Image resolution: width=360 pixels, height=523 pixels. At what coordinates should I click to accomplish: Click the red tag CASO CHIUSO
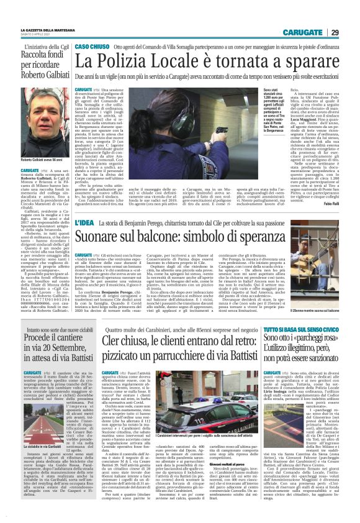tap(92, 47)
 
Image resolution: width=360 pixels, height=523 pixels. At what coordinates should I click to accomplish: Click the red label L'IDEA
tap(86, 222)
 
